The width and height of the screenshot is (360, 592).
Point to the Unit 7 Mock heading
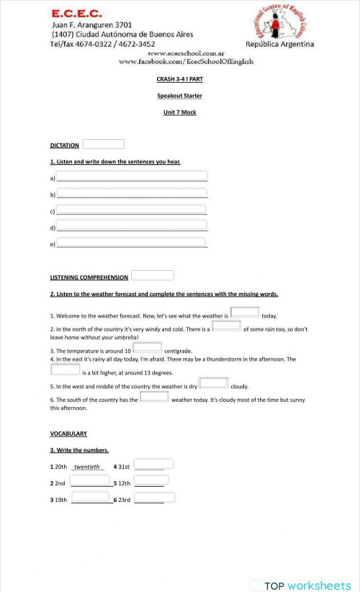179,112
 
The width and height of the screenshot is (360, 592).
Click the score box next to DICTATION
104,144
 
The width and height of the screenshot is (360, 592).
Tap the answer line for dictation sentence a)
132,176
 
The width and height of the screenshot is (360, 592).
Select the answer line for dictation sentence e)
132,244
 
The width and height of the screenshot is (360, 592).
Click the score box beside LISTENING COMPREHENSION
153,275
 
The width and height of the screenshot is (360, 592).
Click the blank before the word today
245,313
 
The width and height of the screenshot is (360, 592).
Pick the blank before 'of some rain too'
226,326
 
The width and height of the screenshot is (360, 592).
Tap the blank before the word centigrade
148,347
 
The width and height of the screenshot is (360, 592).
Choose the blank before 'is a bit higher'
66,369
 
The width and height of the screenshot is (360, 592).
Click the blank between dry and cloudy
213,383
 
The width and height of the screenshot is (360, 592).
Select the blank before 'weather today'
154,396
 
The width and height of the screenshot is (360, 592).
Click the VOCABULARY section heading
68,434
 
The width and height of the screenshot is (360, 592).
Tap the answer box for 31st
154,465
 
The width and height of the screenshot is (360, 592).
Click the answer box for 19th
90,497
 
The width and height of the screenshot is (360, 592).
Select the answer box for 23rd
154,497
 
